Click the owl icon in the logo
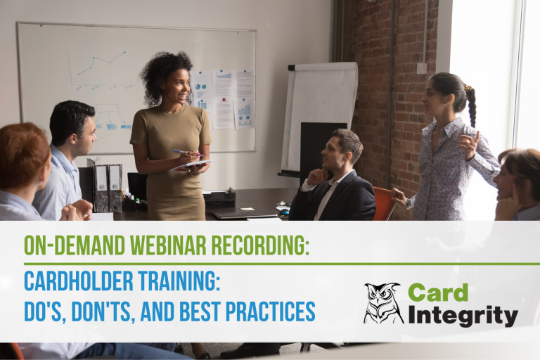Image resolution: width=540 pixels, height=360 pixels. click(x=384, y=303)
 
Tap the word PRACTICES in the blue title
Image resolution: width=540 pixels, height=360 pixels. click(x=274, y=310)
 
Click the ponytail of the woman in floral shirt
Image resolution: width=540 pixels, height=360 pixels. click(x=470, y=105)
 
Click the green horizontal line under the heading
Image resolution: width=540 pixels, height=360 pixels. click(x=281, y=264)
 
